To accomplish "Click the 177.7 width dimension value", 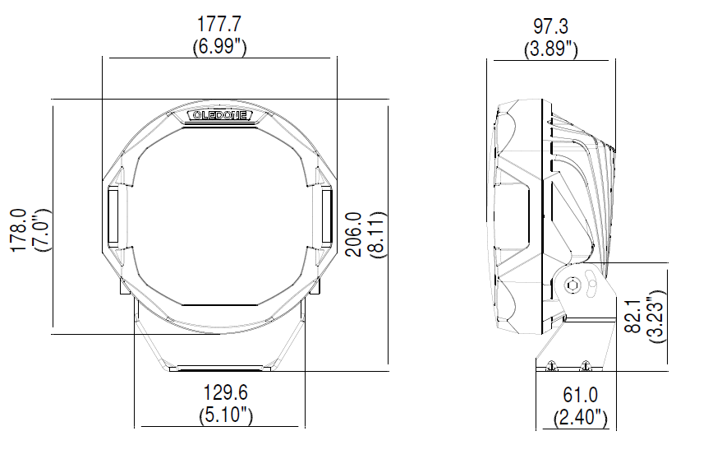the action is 219,24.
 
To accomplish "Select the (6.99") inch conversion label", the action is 219,47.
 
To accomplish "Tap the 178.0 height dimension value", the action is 20,230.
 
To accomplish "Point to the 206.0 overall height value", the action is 354,234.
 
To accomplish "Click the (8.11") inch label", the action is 376,234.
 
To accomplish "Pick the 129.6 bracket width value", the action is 226,392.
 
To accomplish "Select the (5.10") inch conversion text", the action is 226,415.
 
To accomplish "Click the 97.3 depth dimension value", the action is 550,26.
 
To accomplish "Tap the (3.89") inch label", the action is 550,49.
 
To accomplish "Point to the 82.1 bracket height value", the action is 633,316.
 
